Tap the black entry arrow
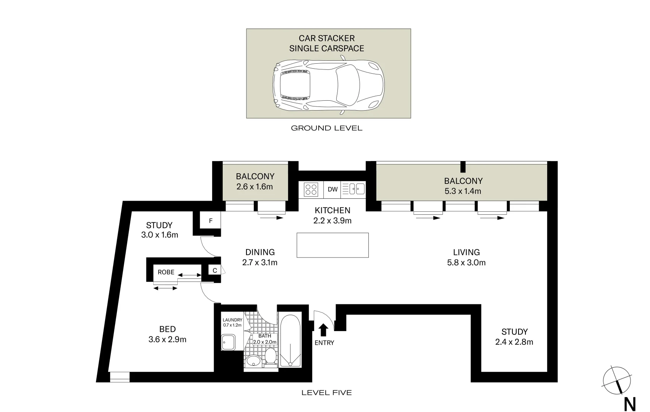tap(323, 330)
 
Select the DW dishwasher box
tap(332, 189)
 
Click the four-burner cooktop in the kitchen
tap(311, 189)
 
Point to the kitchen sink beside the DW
tap(353, 189)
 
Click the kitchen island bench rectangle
tap(332, 245)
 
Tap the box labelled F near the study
tap(211, 221)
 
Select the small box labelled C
tap(215, 270)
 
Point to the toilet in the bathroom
tap(271, 357)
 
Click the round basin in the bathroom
tap(253, 360)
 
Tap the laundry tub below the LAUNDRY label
tap(229, 342)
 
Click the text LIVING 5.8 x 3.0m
tap(466, 257)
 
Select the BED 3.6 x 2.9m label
tap(167, 334)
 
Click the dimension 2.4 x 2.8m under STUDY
tap(514, 342)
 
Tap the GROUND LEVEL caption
tap(326, 128)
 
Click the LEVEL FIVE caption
tap(326, 393)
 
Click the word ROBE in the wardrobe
tap(166, 272)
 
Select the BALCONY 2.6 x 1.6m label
tap(255, 182)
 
